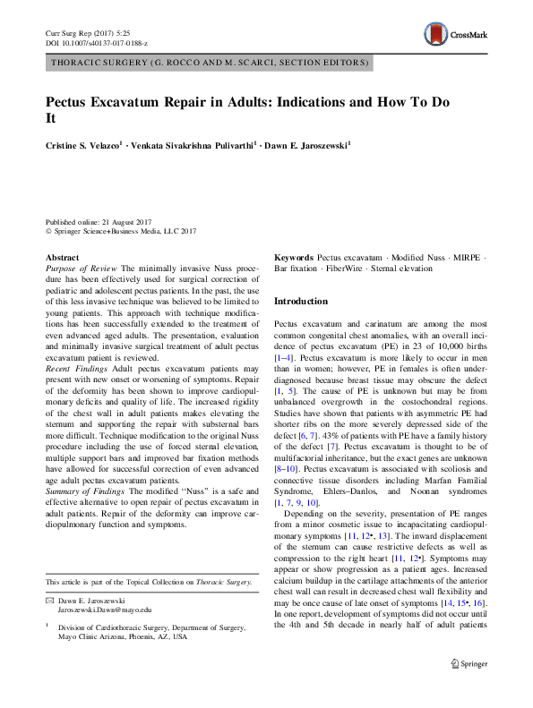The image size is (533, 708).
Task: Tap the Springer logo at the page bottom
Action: [x=468, y=688]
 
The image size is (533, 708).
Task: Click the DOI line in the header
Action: [x=97, y=42]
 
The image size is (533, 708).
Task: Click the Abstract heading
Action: [x=62, y=257]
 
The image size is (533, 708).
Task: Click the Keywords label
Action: [x=294, y=257]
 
